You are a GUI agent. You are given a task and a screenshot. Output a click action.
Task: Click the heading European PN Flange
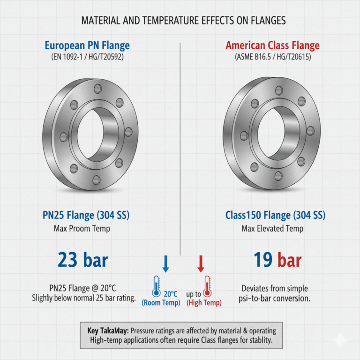point(87,45)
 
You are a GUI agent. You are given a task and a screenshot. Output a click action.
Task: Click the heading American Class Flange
point(272,45)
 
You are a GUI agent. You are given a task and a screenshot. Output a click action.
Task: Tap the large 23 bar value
point(83,260)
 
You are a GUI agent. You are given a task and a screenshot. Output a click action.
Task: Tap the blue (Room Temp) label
point(161,303)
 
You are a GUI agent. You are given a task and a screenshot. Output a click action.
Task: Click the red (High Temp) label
point(204,303)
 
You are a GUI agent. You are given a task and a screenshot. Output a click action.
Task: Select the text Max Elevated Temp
point(272,229)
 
